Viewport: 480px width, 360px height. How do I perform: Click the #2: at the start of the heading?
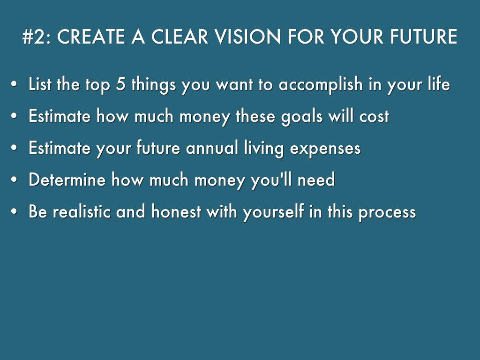coord(37,37)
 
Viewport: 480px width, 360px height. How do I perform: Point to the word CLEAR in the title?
coord(180,37)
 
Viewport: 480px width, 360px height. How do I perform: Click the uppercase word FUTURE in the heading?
coord(424,37)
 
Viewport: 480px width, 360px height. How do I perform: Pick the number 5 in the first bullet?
coord(121,84)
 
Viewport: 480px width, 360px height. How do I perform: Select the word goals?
coord(302,117)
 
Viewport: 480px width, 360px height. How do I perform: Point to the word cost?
coord(374,116)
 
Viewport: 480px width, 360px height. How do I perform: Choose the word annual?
coord(212,148)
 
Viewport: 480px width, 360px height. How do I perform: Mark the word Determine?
coord(67,180)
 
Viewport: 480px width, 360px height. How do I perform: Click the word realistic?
coord(82,211)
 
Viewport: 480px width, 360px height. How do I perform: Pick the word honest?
coord(176,211)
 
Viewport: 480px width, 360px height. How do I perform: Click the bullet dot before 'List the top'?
coord(14,84)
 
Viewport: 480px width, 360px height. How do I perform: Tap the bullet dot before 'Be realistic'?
coord(14,211)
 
